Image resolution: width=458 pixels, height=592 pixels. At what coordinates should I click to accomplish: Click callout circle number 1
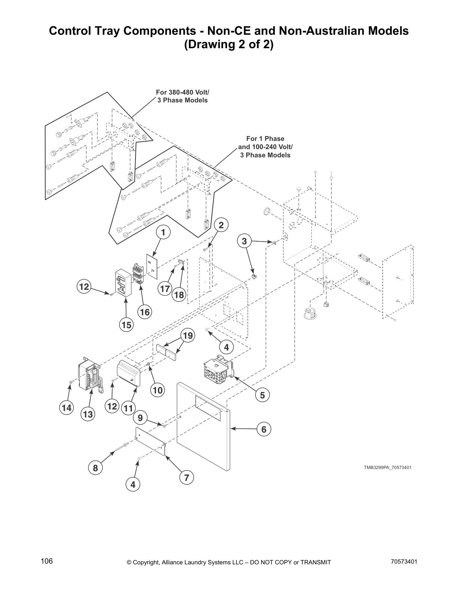(x=163, y=232)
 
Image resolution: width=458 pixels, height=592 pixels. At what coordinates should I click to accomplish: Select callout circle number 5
(x=262, y=395)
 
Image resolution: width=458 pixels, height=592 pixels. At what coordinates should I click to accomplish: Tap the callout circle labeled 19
(x=188, y=336)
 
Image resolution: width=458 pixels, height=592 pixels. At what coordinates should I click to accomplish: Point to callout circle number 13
(x=88, y=414)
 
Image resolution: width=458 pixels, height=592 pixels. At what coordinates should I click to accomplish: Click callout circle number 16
(x=145, y=312)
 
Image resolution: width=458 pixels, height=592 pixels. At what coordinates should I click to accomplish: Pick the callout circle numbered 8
(x=95, y=468)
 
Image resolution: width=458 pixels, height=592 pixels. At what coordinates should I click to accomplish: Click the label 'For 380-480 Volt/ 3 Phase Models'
(x=182, y=96)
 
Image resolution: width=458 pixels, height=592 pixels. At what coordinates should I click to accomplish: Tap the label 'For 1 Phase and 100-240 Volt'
(x=265, y=147)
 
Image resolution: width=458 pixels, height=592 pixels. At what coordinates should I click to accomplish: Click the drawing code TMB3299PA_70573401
(x=388, y=468)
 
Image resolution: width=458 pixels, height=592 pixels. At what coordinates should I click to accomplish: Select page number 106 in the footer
(x=47, y=561)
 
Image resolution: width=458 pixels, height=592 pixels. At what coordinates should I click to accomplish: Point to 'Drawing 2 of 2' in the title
(x=229, y=45)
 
